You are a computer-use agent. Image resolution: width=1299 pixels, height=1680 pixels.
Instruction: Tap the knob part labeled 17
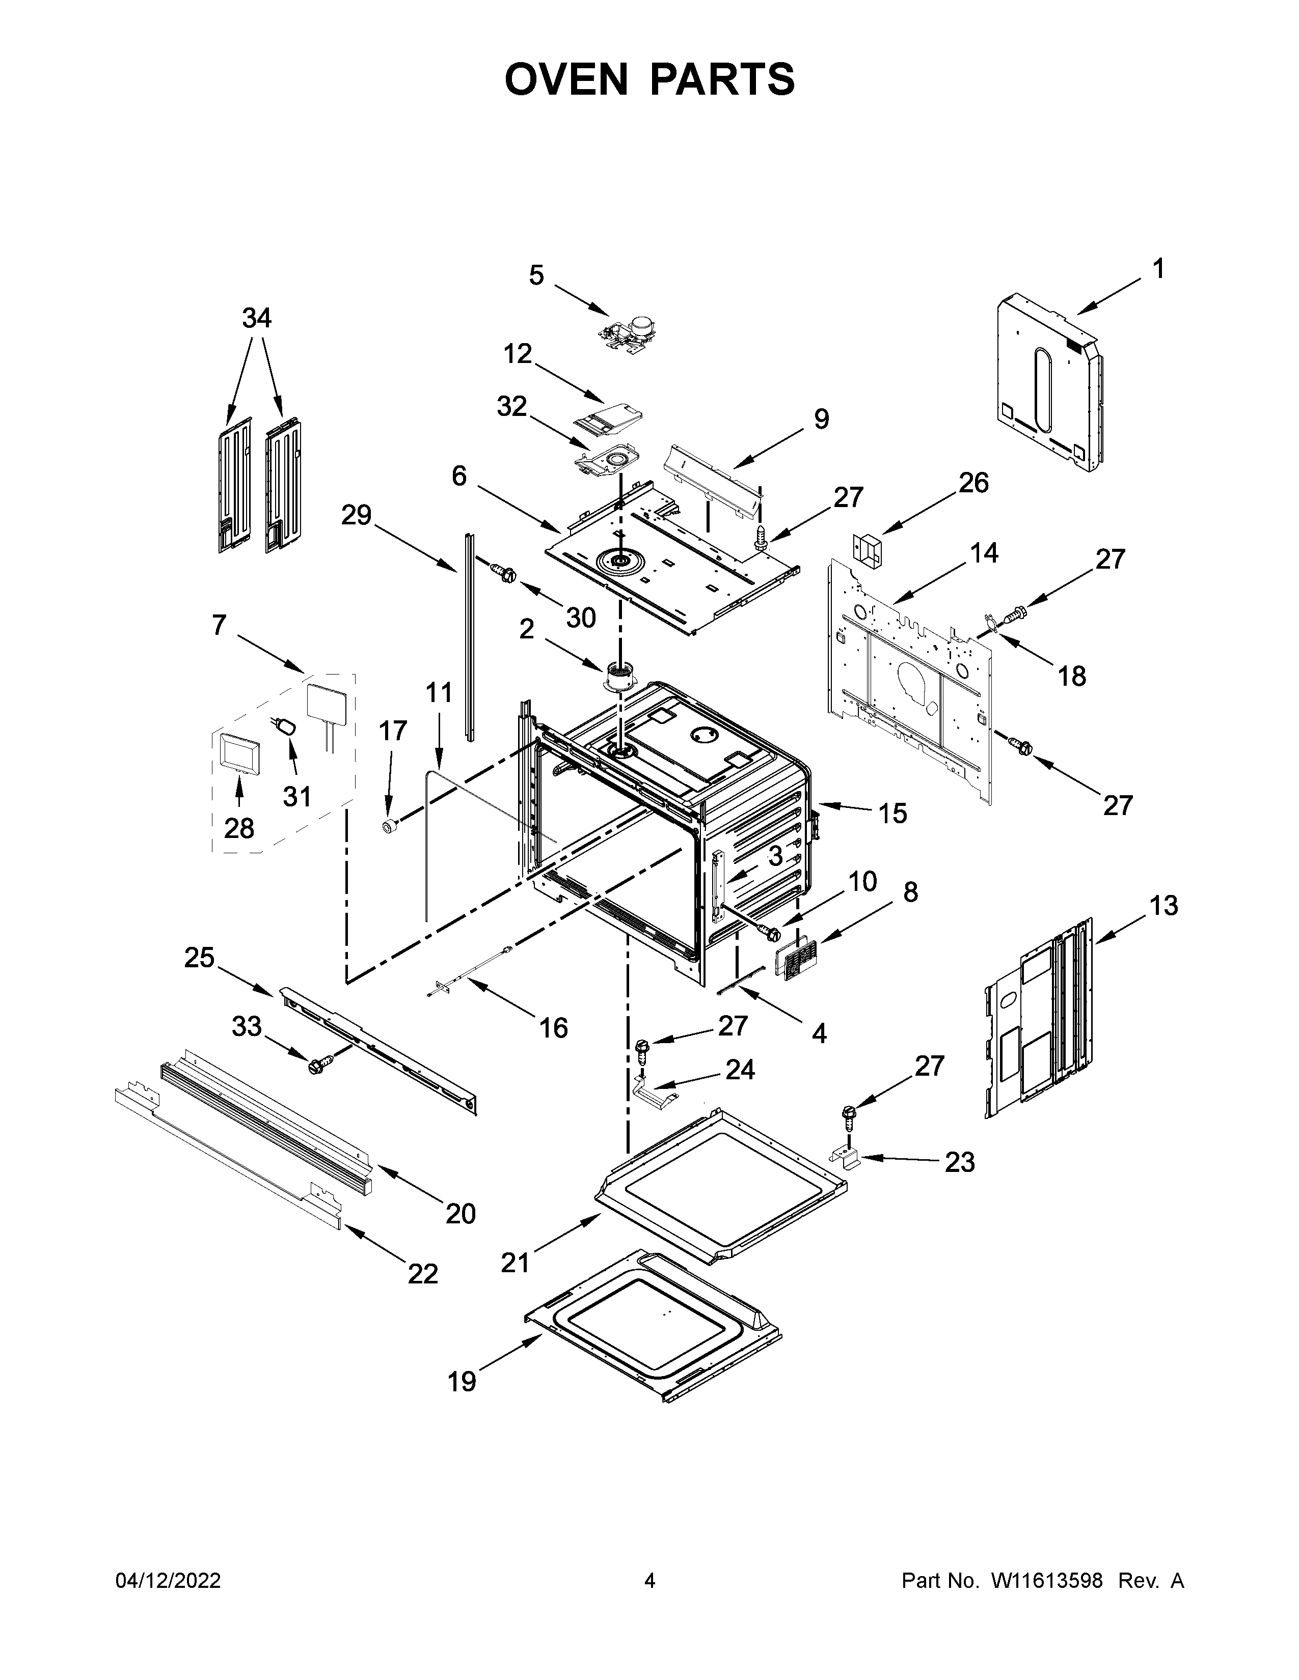tap(391, 825)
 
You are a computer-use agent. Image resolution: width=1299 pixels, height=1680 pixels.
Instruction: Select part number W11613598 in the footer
tap(1047, 1581)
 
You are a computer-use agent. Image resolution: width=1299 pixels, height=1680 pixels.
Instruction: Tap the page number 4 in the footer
tap(649, 1581)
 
